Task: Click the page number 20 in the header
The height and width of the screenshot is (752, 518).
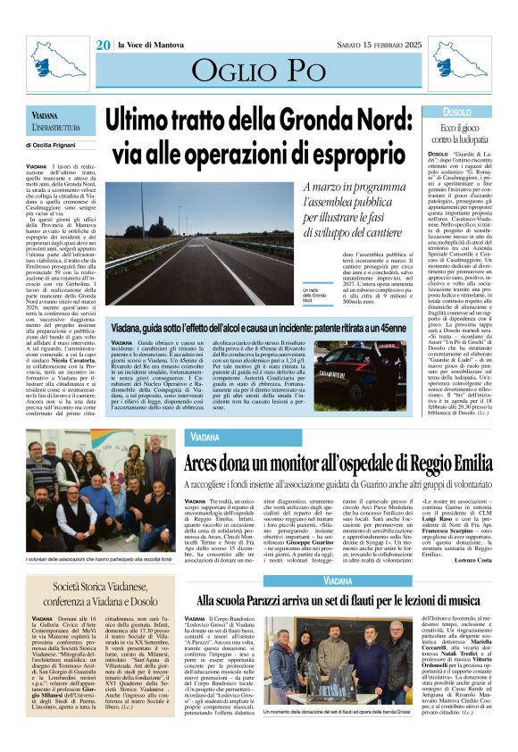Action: click(104, 44)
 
